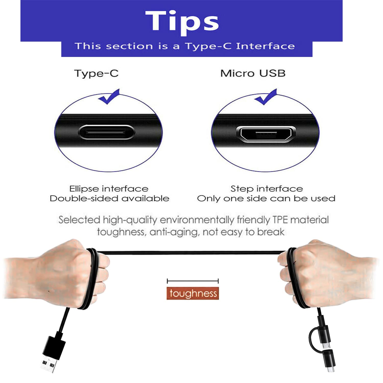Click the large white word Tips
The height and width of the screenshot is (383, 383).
tap(182, 22)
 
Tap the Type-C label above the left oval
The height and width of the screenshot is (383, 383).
tap(97, 74)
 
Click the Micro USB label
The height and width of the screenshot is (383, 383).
tap(253, 73)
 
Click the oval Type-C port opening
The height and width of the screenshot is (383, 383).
tap(107, 132)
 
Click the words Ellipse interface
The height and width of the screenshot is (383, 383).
tap(109, 189)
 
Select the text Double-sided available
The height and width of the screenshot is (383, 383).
tap(110, 198)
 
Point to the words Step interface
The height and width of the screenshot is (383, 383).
tap(267, 189)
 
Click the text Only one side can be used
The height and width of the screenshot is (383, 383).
tap(266, 198)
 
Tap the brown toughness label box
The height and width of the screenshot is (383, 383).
tap(193, 293)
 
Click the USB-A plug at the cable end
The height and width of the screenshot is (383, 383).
tap(52, 354)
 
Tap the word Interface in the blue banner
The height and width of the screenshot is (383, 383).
tap(265, 46)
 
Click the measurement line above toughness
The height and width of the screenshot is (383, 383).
tap(193, 281)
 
